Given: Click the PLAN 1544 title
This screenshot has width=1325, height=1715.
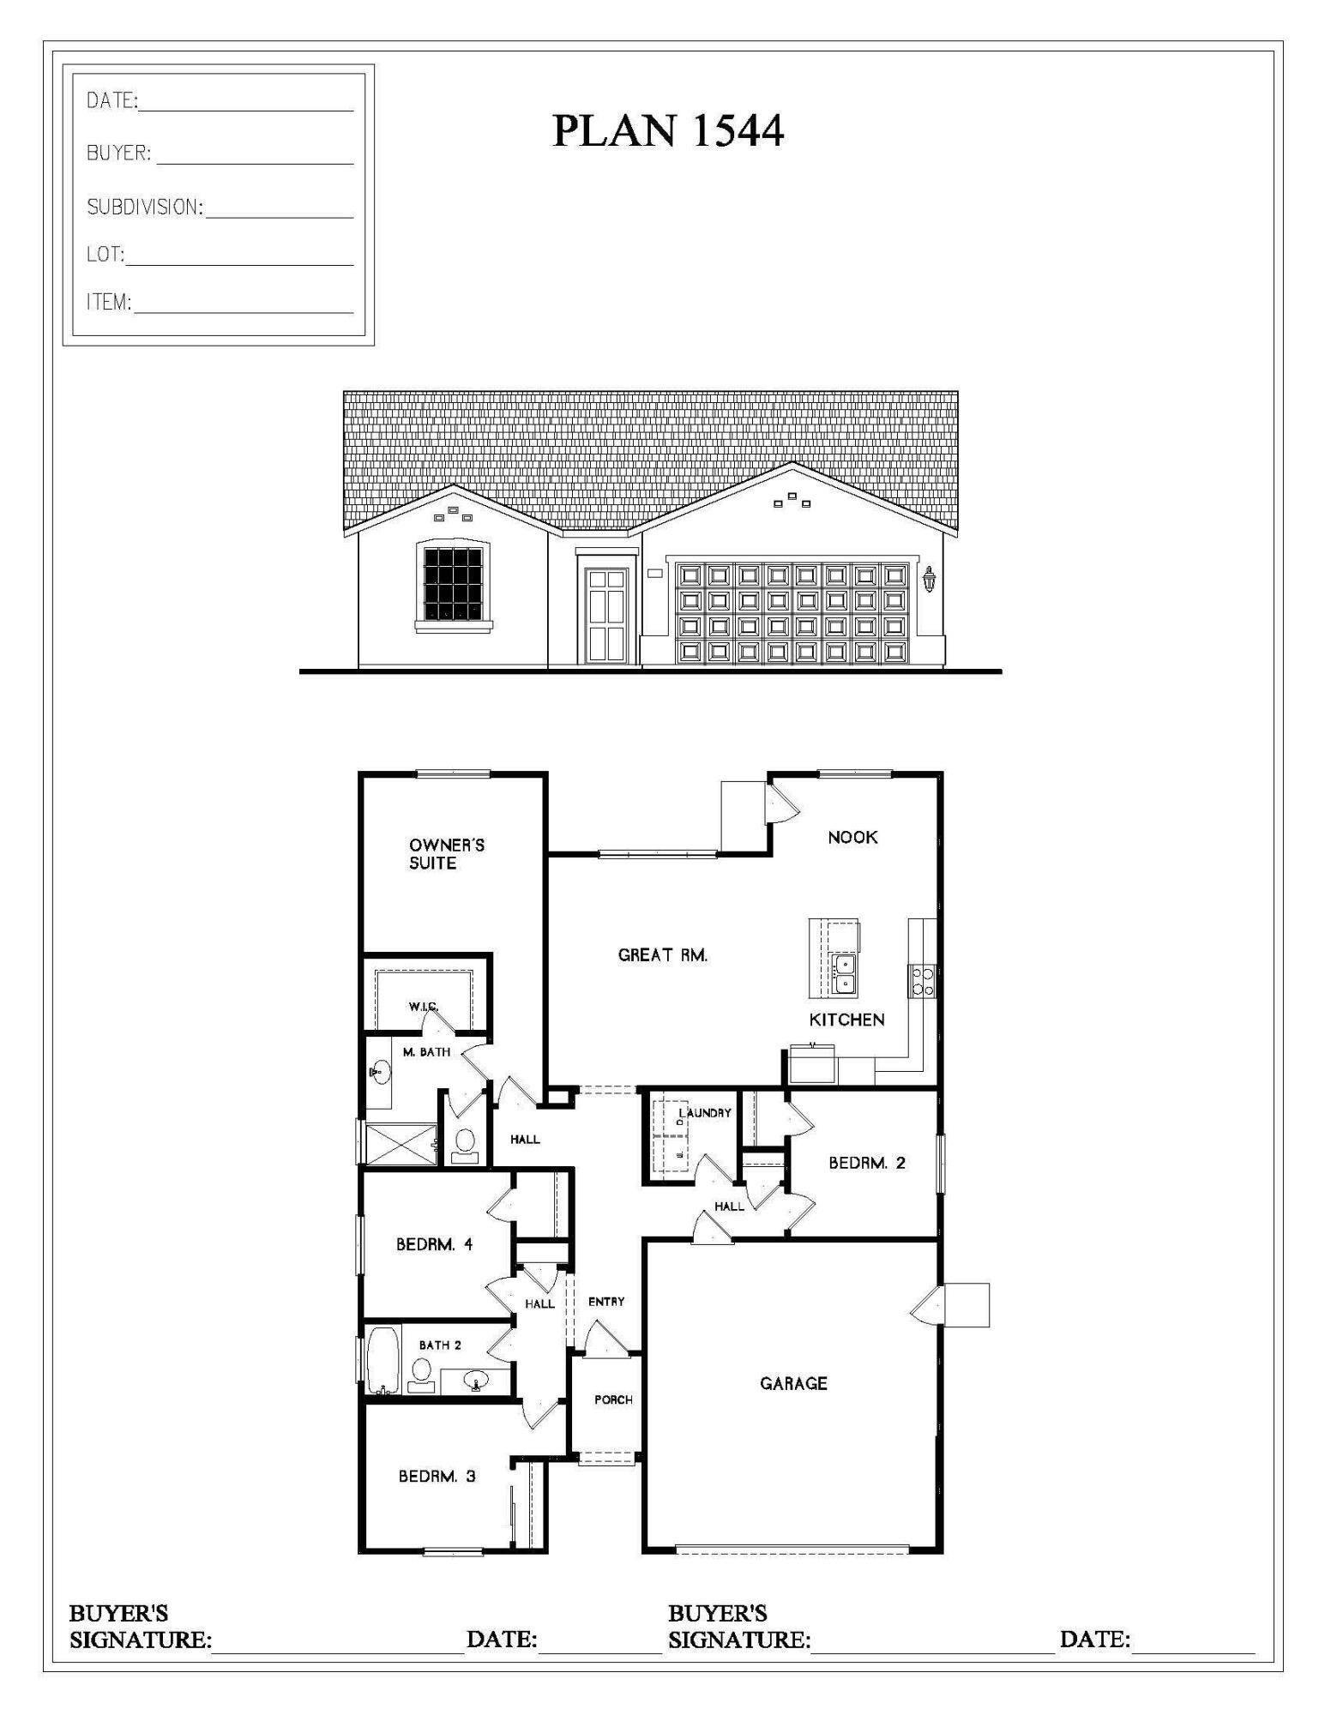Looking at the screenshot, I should [x=667, y=131].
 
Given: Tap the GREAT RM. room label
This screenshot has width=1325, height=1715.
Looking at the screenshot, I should [x=663, y=954].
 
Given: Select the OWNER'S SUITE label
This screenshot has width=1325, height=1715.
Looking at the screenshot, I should [x=446, y=854].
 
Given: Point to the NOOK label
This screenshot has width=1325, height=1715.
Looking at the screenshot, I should [x=852, y=837].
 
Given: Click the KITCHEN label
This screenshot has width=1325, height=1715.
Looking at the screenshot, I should [x=846, y=1020].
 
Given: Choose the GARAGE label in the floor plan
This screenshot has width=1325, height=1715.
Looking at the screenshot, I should [x=793, y=1383].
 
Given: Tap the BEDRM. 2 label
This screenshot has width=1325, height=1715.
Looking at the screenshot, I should [x=866, y=1163].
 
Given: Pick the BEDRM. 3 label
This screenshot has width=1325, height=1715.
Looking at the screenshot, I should [x=437, y=1476].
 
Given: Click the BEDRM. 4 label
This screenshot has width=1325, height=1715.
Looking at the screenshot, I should [x=434, y=1244].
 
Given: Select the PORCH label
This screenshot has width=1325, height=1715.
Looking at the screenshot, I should [x=613, y=1400].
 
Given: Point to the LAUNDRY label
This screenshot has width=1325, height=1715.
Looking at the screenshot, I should [x=706, y=1113].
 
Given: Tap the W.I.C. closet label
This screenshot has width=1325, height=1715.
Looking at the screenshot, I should [x=424, y=1006].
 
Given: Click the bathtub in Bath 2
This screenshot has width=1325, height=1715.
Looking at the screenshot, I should [x=382, y=1360].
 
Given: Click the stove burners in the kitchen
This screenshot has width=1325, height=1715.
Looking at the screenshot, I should [x=923, y=981].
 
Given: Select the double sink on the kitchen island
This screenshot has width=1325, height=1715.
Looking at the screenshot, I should [x=844, y=973].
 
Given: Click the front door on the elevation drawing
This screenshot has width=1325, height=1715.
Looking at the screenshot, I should [x=607, y=616].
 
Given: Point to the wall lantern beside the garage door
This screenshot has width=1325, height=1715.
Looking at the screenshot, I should [x=929, y=580].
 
